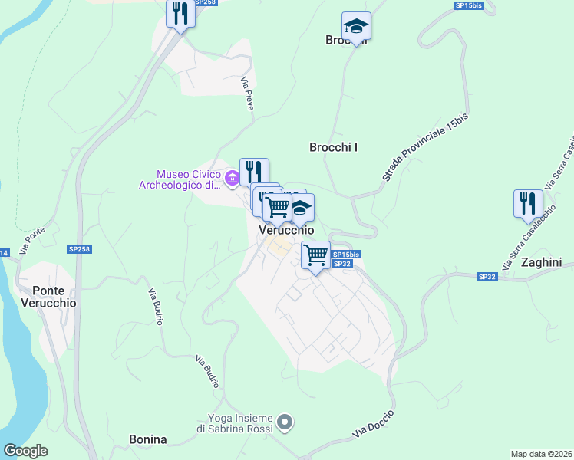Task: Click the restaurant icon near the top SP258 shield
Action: coord(180,13)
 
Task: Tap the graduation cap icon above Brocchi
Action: coord(356,27)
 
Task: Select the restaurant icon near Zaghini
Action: coord(528,204)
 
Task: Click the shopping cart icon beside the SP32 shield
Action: coord(315,255)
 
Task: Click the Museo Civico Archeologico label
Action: coord(180,179)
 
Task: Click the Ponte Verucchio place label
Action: coord(54,297)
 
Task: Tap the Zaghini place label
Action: coord(542,262)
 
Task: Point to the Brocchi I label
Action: coord(334,147)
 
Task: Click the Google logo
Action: coord(25,451)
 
